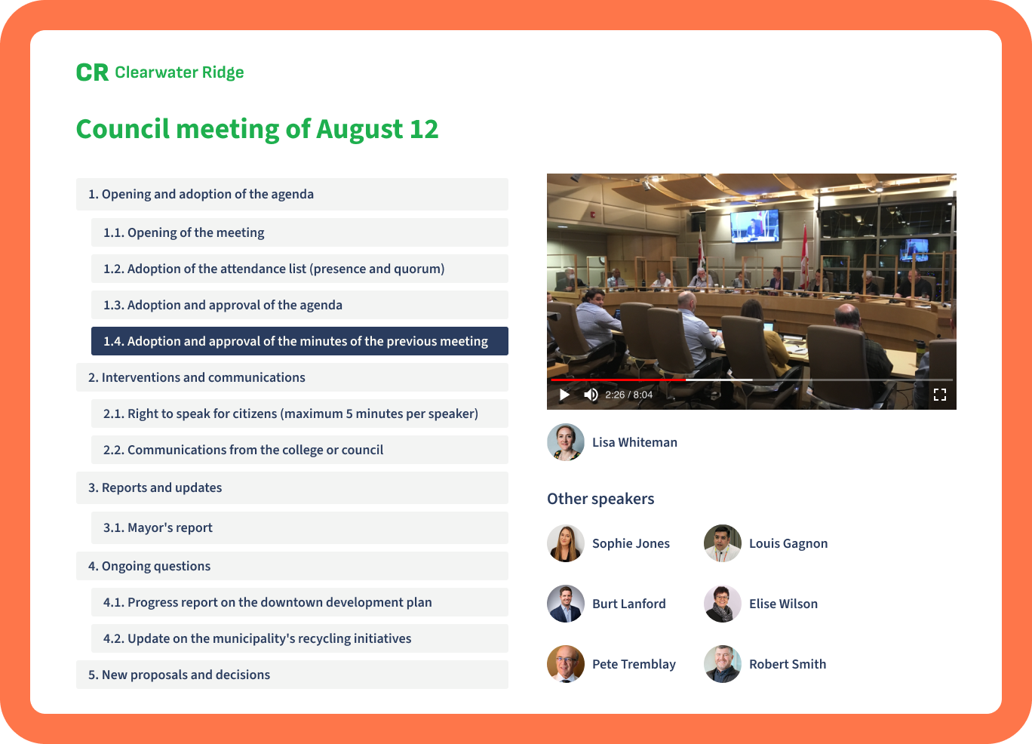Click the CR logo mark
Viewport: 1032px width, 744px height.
92,72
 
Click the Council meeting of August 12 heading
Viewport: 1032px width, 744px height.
257,129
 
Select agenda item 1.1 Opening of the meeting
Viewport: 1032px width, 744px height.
299,232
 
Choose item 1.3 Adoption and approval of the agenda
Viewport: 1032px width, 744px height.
299,305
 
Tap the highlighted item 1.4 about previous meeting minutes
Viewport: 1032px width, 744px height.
299,341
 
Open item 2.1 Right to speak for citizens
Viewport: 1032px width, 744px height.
299,414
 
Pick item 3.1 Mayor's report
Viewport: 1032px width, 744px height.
299,527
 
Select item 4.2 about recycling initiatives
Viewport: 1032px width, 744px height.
299,638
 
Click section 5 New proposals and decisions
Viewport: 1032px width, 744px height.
292,675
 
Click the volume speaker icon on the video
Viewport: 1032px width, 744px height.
591,395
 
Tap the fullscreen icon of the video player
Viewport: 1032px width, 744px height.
940,395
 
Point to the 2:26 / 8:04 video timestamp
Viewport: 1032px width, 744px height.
629,395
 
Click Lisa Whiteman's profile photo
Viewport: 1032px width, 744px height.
566,442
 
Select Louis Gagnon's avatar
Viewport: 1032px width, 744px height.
723,543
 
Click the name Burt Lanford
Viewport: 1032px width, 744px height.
629,604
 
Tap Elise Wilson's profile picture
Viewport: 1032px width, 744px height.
723,604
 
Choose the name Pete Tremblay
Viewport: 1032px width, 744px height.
634,664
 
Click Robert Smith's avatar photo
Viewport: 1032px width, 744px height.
723,664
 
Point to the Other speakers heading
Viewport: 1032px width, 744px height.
600,499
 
